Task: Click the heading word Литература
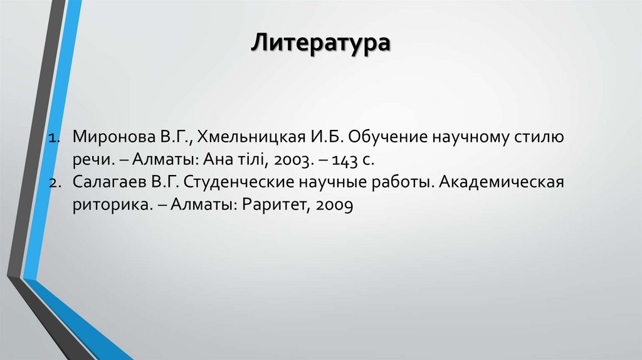point(320,45)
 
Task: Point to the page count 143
point(346,160)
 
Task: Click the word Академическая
point(502,183)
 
